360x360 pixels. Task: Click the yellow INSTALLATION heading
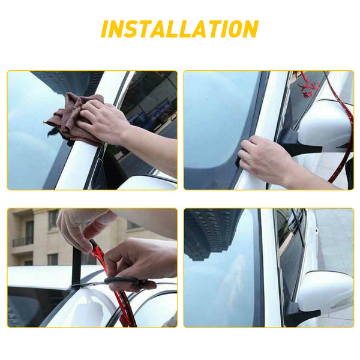179,29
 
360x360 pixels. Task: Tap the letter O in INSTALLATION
232,29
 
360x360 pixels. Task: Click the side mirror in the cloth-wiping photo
147,182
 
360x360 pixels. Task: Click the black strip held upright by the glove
77,264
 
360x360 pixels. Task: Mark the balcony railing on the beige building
23,241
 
